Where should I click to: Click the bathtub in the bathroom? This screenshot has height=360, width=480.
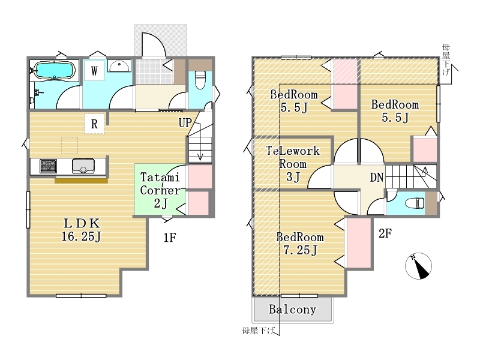point(54,70)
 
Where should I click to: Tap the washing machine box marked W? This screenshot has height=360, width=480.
point(94,71)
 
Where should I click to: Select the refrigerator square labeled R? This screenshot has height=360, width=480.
point(94,124)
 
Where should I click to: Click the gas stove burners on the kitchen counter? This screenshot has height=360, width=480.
point(48,166)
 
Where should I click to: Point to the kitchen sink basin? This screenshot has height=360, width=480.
point(83,166)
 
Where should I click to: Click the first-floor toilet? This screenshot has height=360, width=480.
point(200,80)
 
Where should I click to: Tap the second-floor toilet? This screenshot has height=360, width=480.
point(415,203)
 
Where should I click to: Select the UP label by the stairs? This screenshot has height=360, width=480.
point(185,123)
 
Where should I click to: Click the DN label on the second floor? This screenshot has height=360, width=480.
point(377,177)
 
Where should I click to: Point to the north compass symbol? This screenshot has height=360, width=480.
point(418,266)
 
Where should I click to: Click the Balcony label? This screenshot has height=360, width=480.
point(292,310)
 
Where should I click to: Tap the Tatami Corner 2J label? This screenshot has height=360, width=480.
point(160,190)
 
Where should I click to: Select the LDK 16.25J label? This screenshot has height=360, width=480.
point(81,230)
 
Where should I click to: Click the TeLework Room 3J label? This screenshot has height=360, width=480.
point(293,164)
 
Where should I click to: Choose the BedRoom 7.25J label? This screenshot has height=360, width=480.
point(300,244)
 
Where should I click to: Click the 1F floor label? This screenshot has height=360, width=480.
point(170,238)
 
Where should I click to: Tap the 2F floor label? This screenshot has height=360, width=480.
point(385,233)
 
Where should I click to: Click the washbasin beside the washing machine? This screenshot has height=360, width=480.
point(119,65)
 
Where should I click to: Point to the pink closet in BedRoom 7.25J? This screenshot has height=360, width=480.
point(358,243)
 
